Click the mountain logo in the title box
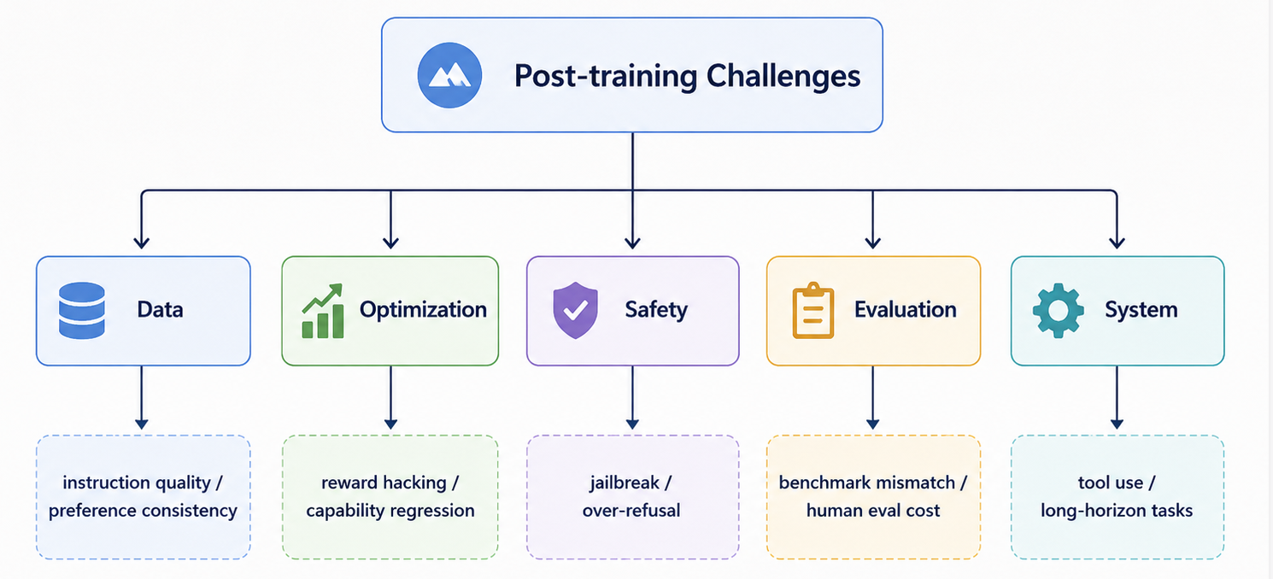tap(449, 75)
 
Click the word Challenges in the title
tap(783, 76)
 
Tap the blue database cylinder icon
tap(82, 310)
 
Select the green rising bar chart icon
tap(323, 311)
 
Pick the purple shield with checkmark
tap(575, 310)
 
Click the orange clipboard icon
tap(813, 310)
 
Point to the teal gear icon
tap(1059, 310)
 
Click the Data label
tap(160, 310)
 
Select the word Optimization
tap(423, 310)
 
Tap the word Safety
tap(656, 310)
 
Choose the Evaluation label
tap(906, 310)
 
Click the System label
tap(1141, 310)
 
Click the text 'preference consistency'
tap(143, 511)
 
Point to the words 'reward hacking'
tap(384, 483)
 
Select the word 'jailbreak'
tap(624, 483)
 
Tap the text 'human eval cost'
tap(873, 511)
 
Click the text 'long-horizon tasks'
tap(1117, 511)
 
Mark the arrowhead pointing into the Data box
tap(142, 243)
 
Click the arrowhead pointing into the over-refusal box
tap(632, 424)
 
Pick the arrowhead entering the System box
tap(1117, 243)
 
